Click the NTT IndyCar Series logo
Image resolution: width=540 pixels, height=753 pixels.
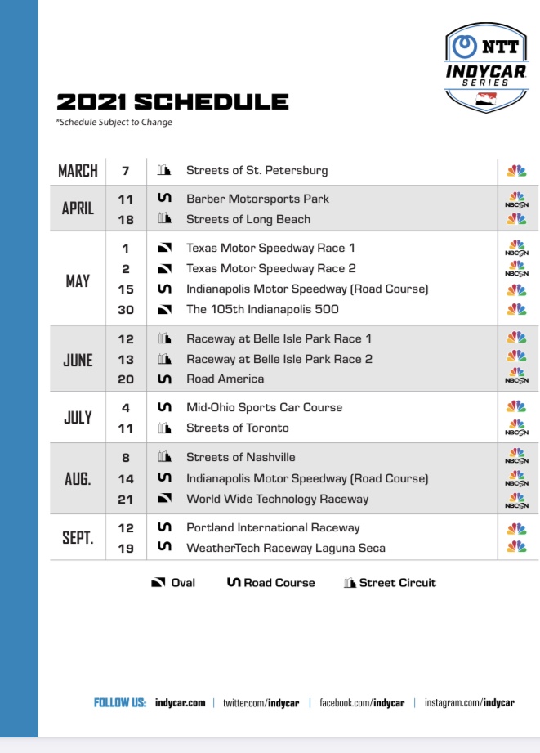tap(487, 67)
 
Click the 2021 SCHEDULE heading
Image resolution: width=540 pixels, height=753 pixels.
tap(172, 102)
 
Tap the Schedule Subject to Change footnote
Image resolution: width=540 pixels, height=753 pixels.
tap(114, 123)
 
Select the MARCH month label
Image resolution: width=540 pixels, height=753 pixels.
tap(78, 171)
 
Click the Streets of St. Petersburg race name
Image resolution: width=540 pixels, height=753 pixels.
tap(257, 171)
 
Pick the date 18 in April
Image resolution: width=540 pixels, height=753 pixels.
tap(125, 219)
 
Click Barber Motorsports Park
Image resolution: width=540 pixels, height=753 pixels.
tap(257, 199)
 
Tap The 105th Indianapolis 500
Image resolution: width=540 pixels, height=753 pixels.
tap(262, 309)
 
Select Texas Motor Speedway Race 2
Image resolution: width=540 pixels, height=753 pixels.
tap(270, 268)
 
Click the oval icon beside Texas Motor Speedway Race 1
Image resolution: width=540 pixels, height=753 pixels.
tap(164, 248)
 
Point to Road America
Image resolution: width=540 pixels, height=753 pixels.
tap(225, 379)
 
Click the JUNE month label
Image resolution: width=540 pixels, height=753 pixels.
tap(78, 360)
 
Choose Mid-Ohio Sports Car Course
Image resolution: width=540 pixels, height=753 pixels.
tap(264, 407)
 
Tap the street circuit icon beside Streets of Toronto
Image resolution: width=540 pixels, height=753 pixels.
tap(164, 428)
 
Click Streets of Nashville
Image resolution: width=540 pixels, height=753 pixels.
tap(240, 457)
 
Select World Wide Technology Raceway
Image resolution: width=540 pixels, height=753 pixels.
tap(277, 499)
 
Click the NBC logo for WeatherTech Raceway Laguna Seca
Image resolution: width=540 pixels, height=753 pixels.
tap(516, 547)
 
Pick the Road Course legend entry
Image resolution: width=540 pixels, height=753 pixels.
tap(270, 583)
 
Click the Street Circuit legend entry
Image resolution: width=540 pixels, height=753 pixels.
tap(390, 583)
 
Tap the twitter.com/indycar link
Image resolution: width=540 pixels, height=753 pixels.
tap(261, 702)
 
